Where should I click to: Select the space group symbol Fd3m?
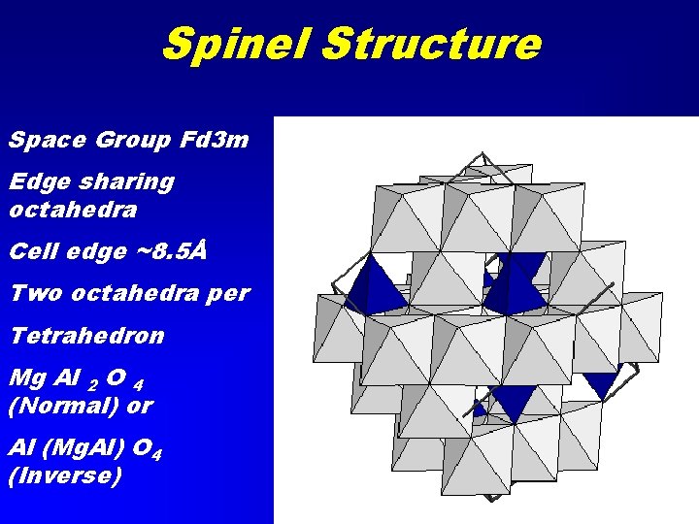pos(215,141)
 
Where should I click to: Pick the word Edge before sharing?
pos(37,182)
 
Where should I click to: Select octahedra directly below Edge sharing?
pos(73,210)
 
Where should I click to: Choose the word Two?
pos(33,292)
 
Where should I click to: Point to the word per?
pos(227,293)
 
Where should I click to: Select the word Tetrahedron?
pos(87,336)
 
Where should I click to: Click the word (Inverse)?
pos(64,475)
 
